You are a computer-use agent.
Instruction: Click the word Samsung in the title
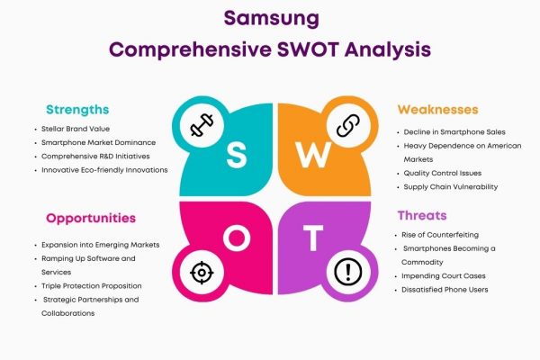tap(272, 19)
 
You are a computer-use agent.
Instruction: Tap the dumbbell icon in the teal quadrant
tap(202, 125)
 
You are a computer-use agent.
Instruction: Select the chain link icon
tap(348, 125)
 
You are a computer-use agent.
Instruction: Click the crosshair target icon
tap(202, 273)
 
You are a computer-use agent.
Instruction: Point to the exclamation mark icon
tap(348, 272)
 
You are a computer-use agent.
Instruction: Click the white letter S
tap(237, 155)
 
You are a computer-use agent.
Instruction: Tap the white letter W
tap(313, 155)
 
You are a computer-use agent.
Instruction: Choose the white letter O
tap(237, 238)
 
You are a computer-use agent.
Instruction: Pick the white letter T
tap(313, 238)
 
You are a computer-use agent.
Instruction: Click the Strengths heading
tap(77, 110)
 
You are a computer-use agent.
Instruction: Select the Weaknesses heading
tap(437, 110)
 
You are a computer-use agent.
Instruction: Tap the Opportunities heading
tap(91, 219)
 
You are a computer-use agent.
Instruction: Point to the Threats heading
tap(422, 216)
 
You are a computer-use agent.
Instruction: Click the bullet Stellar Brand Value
tap(76, 129)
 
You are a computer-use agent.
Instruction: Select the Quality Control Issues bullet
tap(443, 174)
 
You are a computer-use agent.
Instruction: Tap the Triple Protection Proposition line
tap(92, 286)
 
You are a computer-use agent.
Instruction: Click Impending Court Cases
tap(444, 276)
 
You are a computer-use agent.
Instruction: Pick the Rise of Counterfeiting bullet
tap(440, 235)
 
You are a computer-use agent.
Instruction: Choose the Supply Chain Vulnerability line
tap(451, 187)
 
